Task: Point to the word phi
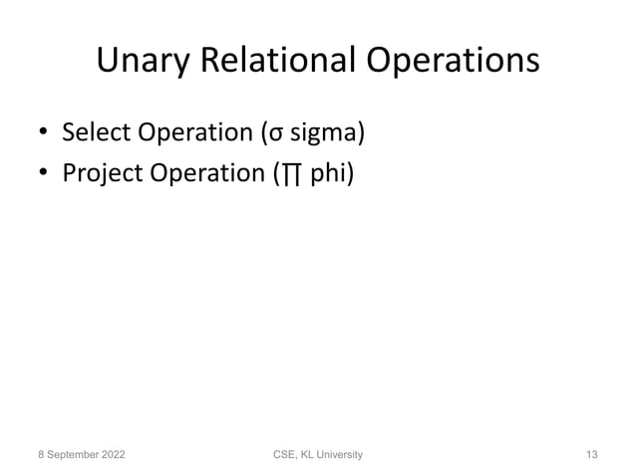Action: pyautogui.click(x=327, y=175)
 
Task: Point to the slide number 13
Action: pyautogui.click(x=591, y=454)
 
